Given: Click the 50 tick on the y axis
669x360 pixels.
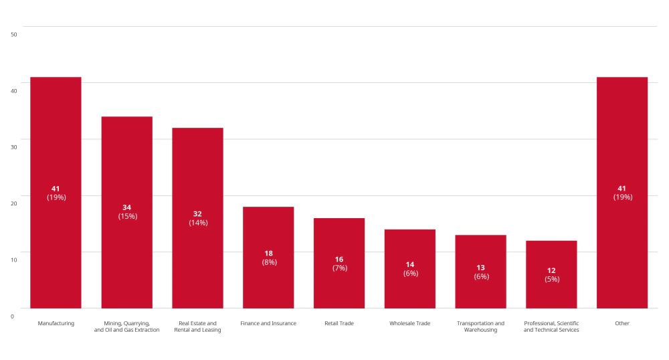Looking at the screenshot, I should (x=14, y=34).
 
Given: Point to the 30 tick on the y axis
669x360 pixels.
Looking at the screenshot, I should (x=14, y=147).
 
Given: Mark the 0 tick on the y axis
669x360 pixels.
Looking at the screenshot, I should (x=12, y=316).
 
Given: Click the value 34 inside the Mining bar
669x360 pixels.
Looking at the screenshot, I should (x=127, y=207).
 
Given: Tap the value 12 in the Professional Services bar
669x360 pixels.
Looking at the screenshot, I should (x=552, y=270).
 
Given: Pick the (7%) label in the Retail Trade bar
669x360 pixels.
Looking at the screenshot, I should (x=340, y=268).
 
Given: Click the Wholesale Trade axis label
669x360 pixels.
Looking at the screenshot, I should (x=410, y=323).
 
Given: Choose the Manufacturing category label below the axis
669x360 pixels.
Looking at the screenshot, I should (x=56, y=323).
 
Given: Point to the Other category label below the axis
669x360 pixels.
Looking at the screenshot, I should (x=622, y=323).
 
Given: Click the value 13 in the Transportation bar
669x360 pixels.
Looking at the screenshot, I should (x=481, y=268).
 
